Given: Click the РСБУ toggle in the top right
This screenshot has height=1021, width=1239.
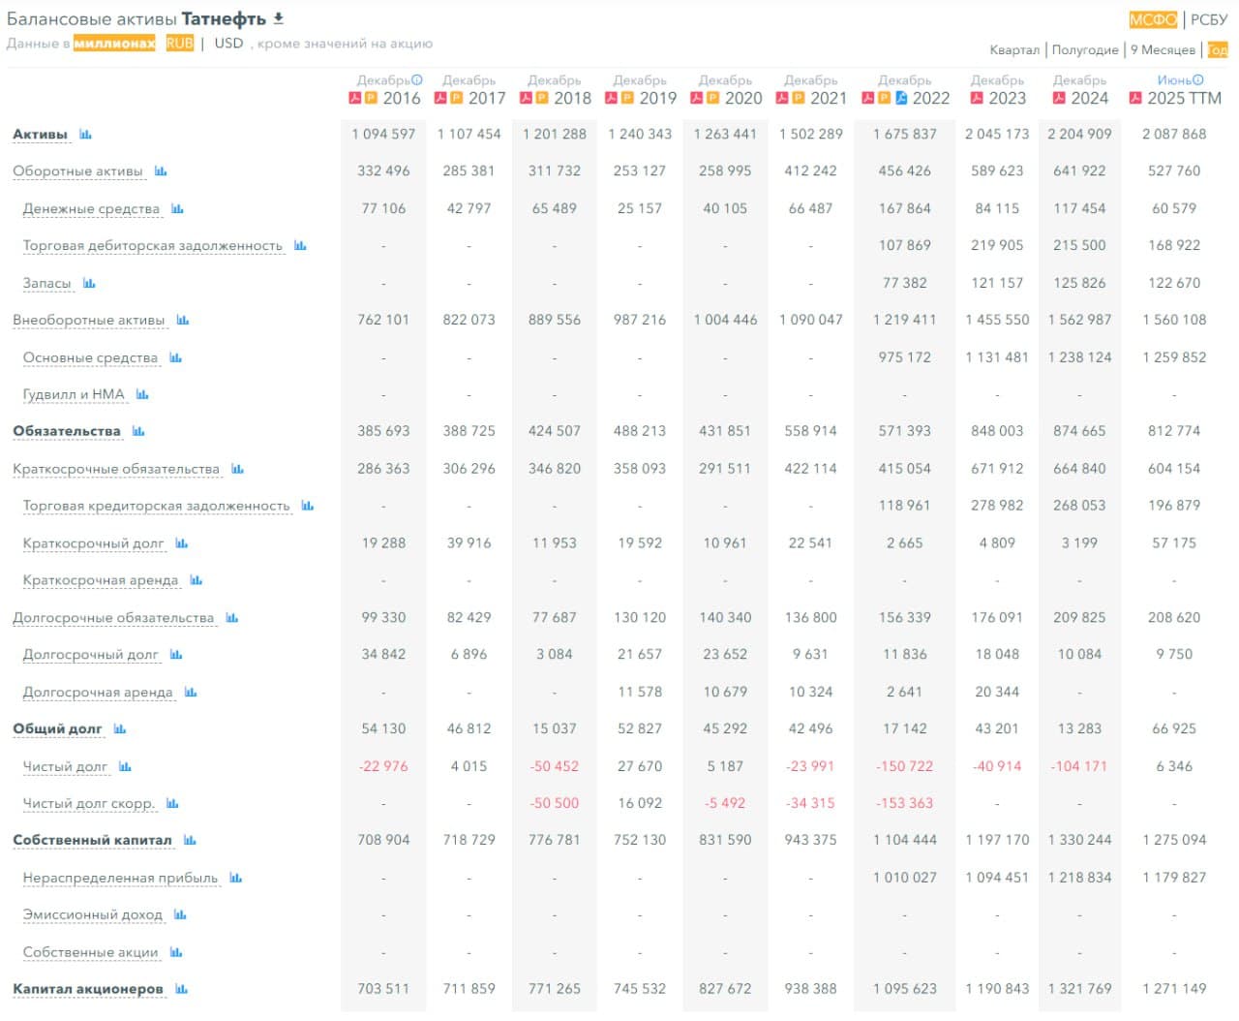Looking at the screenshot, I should pyautogui.click(x=1209, y=19).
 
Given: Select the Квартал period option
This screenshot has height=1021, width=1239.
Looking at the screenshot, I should pyautogui.click(x=1014, y=49).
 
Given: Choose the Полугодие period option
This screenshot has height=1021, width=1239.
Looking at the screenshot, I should pyautogui.click(x=1085, y=49).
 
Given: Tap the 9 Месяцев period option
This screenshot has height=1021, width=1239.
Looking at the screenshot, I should pyautogui.click(x=1163, y=49).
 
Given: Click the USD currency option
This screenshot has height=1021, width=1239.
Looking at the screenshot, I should pyautogui.click(x=228, y=43).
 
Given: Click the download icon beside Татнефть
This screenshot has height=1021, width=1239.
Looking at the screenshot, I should pyautogui.click(x=279, y=18).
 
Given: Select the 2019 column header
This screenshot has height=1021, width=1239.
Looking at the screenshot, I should pyautogui.click(x=657, y=98).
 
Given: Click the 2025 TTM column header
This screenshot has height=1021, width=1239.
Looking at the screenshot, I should pyautogui.click(x=1184, y=98).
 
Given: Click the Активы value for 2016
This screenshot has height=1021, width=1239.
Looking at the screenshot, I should pyautogui.click(x=383, y=134).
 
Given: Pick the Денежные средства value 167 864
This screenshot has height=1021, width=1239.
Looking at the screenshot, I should pyautogui.click(x=904, y=208).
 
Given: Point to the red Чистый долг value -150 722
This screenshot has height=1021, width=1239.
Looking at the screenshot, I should pyautogui.click(x=904, y=766).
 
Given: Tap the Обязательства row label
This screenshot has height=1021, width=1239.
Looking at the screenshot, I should pyautogui.click(x=67, y=431).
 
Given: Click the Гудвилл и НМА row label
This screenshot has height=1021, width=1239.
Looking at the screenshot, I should pyautogui.click(x=74, y=394).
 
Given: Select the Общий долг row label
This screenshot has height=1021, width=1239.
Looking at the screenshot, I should pyautogui.click(x=57, y=728).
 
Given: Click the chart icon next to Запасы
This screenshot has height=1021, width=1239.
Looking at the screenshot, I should pyautogui.click(x=89, y=283).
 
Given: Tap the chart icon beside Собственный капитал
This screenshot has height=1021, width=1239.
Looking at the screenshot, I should pyautogui.click(x=190, y=840).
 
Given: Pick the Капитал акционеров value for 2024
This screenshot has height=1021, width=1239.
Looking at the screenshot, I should pyautogui.click(x=1079, y=989).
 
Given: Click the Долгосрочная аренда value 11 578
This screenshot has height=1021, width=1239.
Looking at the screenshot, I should pyautogui.click(x=640, y=692).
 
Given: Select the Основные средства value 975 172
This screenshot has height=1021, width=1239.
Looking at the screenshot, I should pyautogui.click(x=904, y=357).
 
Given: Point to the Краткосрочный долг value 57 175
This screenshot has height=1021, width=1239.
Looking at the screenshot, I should pyautogui.click(x=1174, y=543).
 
